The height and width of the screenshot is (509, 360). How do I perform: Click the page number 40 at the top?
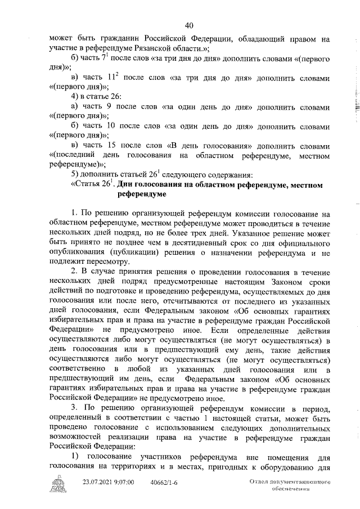[x=189, y=25]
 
